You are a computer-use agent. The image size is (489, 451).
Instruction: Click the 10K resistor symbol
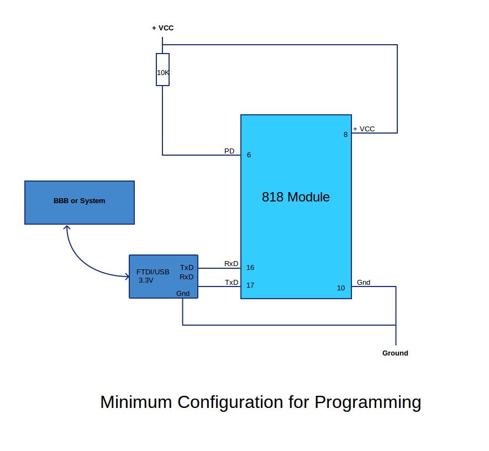pyautogui.click(x=162, y=70)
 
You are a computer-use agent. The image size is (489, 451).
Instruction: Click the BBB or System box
pyautogui.click(x=80, y=202)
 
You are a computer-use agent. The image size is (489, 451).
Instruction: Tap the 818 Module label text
pyautogui.click(x=296, y=197)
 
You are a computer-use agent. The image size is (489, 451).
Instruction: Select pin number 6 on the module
pyautogui.click(x=249, y=155)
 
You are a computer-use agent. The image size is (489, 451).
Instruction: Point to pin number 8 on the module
pyautogui.click(x=345, y=134)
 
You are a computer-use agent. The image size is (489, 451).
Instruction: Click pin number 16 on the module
pyautogui.click(x=250, y=268)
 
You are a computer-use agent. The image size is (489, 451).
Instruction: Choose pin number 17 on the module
pyautogui.click(x=250, y=285)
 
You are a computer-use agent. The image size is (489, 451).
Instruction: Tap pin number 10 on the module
pyautogui.click(x=341, y=288)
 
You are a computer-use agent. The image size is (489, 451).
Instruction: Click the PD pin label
pyautogui.click(x=229, y=151)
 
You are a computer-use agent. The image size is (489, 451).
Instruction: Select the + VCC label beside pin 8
pyautogui.click(x=364, y=129)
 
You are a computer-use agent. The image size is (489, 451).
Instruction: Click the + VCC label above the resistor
pyautogui.click(x=163, y=28)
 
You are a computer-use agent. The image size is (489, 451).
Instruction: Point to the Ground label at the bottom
pyautogui.click(x=395, y=353)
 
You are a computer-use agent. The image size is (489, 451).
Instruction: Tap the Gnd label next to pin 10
pyautogui.click(x=364, y=282)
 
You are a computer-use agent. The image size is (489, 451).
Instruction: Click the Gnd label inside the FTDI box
pyautogui.click(x=183, y=293)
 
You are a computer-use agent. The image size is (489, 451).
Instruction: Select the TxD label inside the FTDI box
pyautogui.click(x=187, y=267)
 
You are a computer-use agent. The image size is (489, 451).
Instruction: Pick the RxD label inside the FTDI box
pyautogui.click(x=187, y=277)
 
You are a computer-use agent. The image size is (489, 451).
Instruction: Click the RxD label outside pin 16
pyautogui.click(x=232, y=263)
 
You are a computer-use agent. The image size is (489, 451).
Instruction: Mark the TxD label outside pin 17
pyautogui.click(x=232, y=282)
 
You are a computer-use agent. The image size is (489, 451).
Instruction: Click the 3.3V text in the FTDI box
pyautogui.click(x=146, y=280)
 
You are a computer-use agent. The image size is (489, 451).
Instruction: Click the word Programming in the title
pyautogui.click(x=367, y=402)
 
